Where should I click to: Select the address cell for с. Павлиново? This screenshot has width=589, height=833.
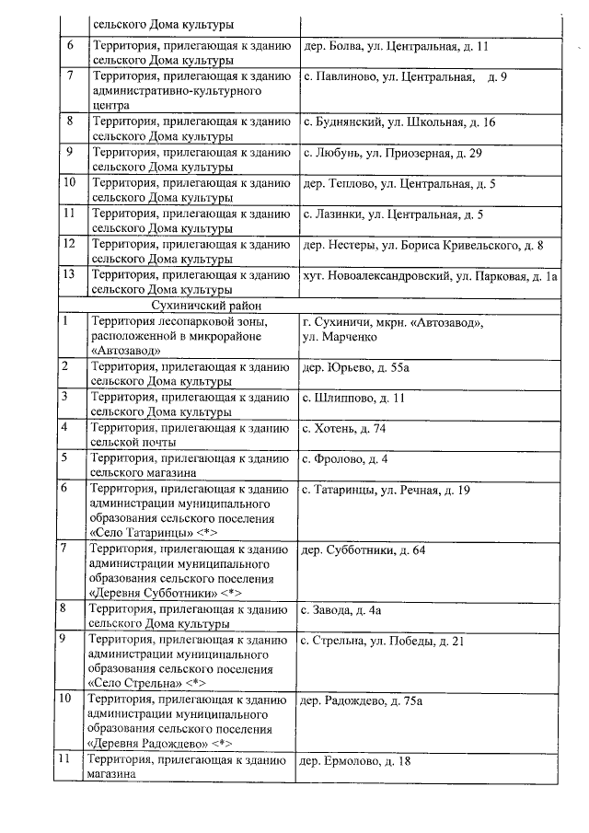tap(405, 75)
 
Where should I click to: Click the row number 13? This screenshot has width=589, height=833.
tap(69, 275)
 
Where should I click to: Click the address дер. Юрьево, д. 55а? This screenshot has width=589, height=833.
tap(351, 367)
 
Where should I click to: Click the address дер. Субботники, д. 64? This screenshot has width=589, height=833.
tap(364, 550)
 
